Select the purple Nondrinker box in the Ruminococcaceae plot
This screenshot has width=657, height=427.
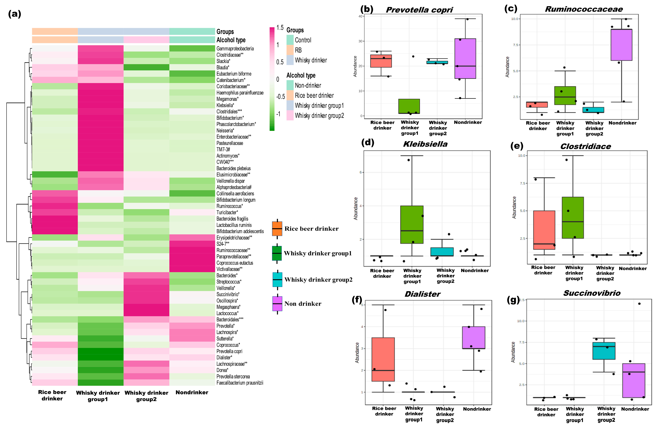[621, 45]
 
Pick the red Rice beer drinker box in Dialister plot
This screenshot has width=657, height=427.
[383, 359]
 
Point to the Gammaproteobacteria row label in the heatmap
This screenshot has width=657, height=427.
[235, 49]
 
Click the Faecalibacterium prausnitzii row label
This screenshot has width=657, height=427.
[240, 383]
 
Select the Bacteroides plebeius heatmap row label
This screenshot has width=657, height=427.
[233, 168]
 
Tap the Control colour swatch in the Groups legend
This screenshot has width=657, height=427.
[290, 40]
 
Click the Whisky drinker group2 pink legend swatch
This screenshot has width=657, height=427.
[290, 116]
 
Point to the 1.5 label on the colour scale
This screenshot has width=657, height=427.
[280, 28]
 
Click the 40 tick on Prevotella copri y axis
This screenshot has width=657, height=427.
[360, 16]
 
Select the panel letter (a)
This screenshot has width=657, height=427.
[14, 14]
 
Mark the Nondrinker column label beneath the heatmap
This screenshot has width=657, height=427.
[192, 392]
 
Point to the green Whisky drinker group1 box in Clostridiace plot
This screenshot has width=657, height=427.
[573, 218]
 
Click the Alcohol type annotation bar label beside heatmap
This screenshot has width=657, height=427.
[231, 40]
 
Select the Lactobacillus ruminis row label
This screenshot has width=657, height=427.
[234, 225]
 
